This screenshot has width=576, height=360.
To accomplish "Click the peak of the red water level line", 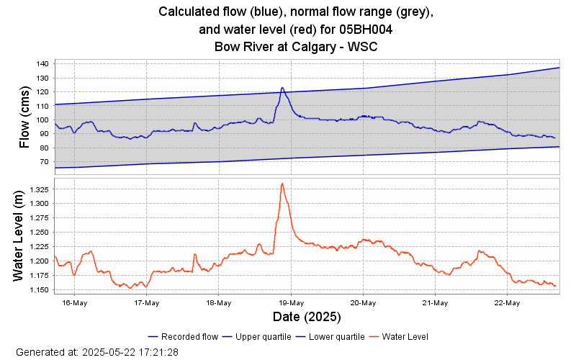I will point(282,183).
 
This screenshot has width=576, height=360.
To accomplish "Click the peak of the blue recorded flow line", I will point(282,88).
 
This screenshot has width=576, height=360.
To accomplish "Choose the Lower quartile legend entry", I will point(337,336).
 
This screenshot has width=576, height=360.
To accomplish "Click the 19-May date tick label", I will point(291,303).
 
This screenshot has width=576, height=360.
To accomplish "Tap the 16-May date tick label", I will point(75,303).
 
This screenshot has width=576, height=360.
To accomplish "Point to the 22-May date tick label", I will point(507,303).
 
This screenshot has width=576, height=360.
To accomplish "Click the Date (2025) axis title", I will point(307,317).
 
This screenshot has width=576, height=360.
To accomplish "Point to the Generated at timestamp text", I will point(97,353).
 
